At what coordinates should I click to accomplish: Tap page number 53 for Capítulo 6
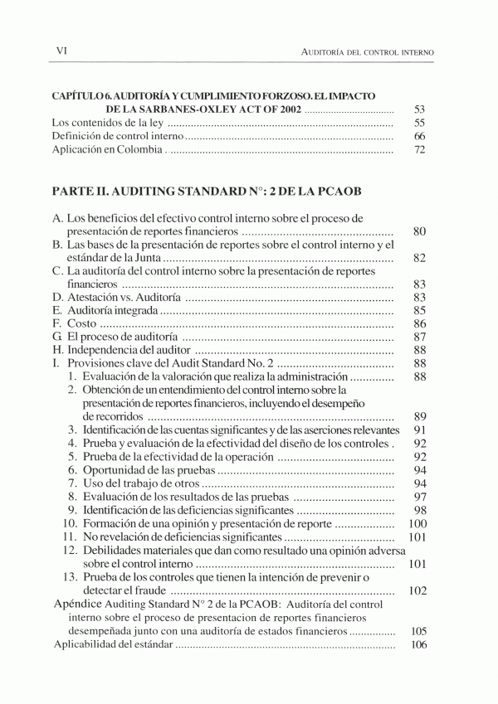coord(419,109)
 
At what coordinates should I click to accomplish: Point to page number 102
coord(417,590)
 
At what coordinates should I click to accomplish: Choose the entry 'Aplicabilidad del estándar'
coord(113,644)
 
